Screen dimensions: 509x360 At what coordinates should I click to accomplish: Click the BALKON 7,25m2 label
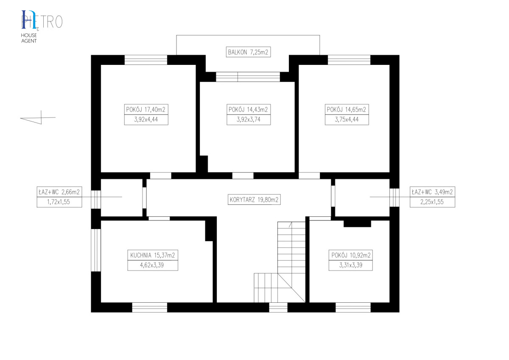248,52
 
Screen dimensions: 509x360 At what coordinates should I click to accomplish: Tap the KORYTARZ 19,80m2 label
254,200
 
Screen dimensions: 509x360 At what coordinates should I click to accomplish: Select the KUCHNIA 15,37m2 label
153,255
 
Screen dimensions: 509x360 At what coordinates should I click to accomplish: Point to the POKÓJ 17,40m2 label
146,109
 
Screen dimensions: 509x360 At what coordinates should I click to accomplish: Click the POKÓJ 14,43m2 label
249,109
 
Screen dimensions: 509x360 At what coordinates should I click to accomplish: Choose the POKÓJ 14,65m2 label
347,109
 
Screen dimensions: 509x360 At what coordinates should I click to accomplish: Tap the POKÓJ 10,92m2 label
351,255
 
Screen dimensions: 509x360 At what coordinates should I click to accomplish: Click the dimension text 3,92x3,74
249,120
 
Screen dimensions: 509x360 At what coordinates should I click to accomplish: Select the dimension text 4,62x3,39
152,265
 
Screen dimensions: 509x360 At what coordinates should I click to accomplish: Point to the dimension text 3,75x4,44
347,120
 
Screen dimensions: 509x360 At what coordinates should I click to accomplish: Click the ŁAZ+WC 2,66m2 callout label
59,192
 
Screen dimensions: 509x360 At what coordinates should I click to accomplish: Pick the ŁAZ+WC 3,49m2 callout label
432,192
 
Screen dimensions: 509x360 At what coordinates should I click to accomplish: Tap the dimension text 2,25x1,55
432,202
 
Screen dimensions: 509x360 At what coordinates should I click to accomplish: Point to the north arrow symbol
38,117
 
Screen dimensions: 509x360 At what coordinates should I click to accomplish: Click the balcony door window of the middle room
248,77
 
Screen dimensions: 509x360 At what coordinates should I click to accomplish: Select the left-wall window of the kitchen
96,250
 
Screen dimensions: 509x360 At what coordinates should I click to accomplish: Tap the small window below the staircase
278,307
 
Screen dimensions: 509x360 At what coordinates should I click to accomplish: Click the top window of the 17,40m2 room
146,60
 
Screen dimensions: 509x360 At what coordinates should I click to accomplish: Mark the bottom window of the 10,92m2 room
353,307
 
